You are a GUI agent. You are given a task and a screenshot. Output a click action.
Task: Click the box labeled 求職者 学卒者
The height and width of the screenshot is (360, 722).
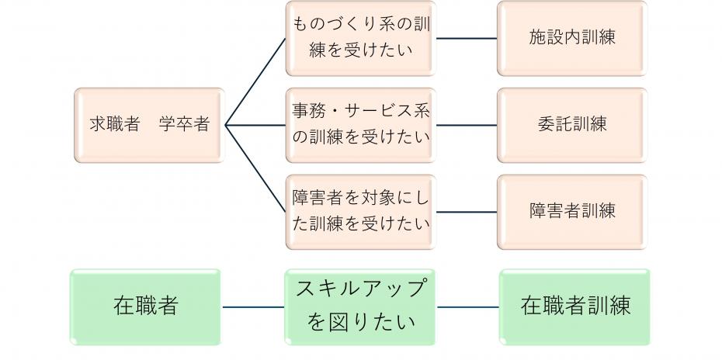tap(149, 125)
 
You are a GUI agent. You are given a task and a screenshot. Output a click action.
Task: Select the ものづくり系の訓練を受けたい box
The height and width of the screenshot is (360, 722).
tap(359, 38)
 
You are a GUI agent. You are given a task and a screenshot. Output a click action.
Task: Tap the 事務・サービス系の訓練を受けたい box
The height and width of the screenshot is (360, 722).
tap(359, 125)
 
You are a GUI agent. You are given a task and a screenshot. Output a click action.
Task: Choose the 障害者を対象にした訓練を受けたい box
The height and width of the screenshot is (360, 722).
tap(359, 211)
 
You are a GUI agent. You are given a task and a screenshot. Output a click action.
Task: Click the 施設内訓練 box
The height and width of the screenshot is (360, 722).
tap(571, 38)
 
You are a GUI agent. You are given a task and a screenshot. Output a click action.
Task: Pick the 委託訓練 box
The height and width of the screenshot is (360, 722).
tap(571, 125)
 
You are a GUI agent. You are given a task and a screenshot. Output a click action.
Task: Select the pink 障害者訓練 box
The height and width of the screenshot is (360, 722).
tap(571, 211)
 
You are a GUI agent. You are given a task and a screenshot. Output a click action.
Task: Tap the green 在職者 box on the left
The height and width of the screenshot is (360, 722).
tap(146, 306)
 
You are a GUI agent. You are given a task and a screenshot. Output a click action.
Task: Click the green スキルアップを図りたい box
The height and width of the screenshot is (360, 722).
tap(360, 306)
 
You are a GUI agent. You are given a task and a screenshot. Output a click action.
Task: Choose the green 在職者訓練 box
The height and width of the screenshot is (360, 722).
tap(574, 306)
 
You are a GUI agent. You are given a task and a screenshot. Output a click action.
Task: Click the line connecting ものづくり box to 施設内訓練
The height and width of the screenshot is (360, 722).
tap(466, 38)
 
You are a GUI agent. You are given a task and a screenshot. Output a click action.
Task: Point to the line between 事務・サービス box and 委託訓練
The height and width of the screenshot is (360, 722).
tap(466, 125)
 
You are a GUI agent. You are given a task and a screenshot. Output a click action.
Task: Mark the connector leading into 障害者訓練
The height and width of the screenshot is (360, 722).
tap(466, 211)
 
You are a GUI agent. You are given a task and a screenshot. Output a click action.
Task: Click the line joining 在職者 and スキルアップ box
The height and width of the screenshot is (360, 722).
tap(253, 307)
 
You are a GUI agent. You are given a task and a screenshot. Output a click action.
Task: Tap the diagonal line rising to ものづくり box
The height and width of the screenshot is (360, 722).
tap(255, 81)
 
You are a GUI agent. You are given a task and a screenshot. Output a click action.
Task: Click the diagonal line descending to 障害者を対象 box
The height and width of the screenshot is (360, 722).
tap(255, 168)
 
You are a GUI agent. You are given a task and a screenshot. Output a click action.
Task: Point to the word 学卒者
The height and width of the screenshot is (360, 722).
tap(184, 125)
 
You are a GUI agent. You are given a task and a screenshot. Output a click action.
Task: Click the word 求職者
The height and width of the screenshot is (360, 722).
tap(114, 125)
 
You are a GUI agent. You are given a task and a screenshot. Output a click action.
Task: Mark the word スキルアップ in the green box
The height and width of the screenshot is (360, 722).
tap(361, 289)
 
